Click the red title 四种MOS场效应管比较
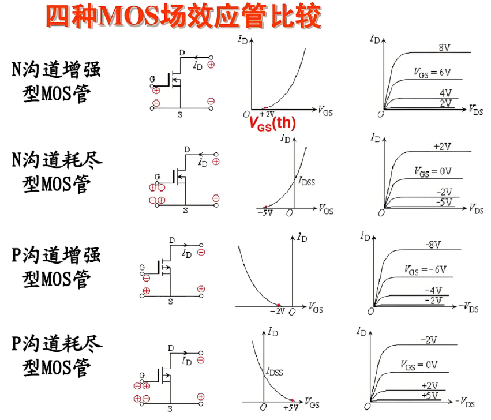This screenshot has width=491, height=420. click(183, 17)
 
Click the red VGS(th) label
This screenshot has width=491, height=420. click(272, 122)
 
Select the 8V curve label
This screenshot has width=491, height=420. click(444, 47)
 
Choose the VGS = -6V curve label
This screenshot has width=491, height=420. click(425, 269)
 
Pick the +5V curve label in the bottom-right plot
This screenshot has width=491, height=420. click(430, 395)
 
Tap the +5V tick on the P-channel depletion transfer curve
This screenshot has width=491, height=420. click(291, 407)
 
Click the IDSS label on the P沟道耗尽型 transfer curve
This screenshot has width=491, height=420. click(274, 372)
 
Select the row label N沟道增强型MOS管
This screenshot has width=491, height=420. click(57, 81)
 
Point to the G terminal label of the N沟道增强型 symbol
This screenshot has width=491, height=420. click(152, 78)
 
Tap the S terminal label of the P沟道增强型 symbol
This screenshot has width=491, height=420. click(171, 301)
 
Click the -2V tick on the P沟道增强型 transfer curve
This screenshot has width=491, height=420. click(278, 311)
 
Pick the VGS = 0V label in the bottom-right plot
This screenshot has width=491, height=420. click(419, 365)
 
